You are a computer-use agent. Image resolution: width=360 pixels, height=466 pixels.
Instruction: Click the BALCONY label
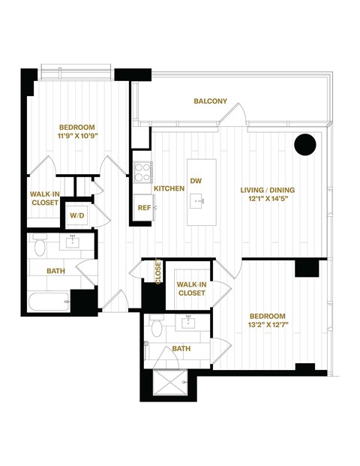coord(210,101)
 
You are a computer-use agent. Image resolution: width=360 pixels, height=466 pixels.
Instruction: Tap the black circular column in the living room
coord(305,144)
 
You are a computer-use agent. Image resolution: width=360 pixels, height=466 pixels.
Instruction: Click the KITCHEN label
coord(169,189)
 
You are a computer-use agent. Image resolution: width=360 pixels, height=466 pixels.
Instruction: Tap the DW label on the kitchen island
coord(196,181)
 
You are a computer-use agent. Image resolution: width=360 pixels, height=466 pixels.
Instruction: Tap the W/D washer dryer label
coord(77,215)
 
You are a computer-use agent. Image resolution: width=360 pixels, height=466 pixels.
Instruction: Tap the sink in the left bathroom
coord(73,242)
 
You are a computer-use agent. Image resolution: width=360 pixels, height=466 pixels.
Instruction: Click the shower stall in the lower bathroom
coord(171,383)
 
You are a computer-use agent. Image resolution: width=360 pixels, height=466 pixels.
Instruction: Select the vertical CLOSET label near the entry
coord(157,272)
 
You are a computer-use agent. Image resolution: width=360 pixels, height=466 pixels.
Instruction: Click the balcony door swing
coord(238,114)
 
